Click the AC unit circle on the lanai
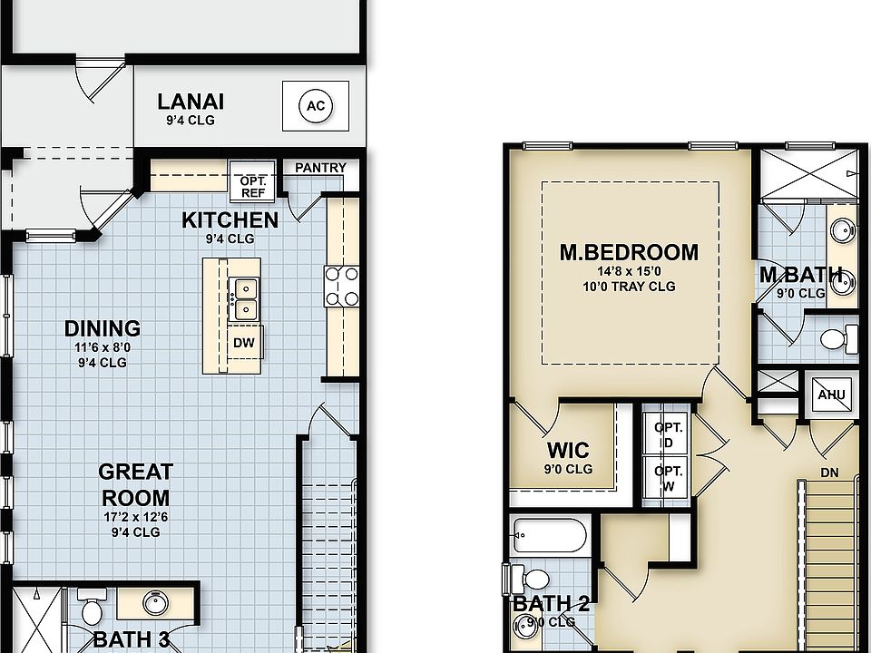pyautogui.click(x=315, y=106)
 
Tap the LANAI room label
pyautogui.click(x=190, y=102)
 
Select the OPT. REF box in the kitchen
pyautogui.click(x=251, y=186)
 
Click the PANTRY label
pyautogui.click(x=320, y=168)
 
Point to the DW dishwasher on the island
pyautogui.click(x=243, y=343)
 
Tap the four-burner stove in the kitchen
pyautogui.click(x=341, y=285)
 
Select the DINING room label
pyautogui.click(x=103, y=328)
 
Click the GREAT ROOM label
pyautogui.click(x=135, y=484)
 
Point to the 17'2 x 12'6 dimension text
pyautogui.click(x=135, y=517)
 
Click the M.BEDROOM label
pyautogui.click(x=629, y=252)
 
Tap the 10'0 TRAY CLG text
pyautogui.click(x=629, y=287)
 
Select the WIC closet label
pyautogui.click(x=568, y=451)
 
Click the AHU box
pyautogui.click(x=831, y=395)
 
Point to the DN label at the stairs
pyautogui.click(x=829, y=473)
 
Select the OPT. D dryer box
pyautogui.click(x=667, y=434)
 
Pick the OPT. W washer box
pyautogui.click(x=667, y=478)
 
